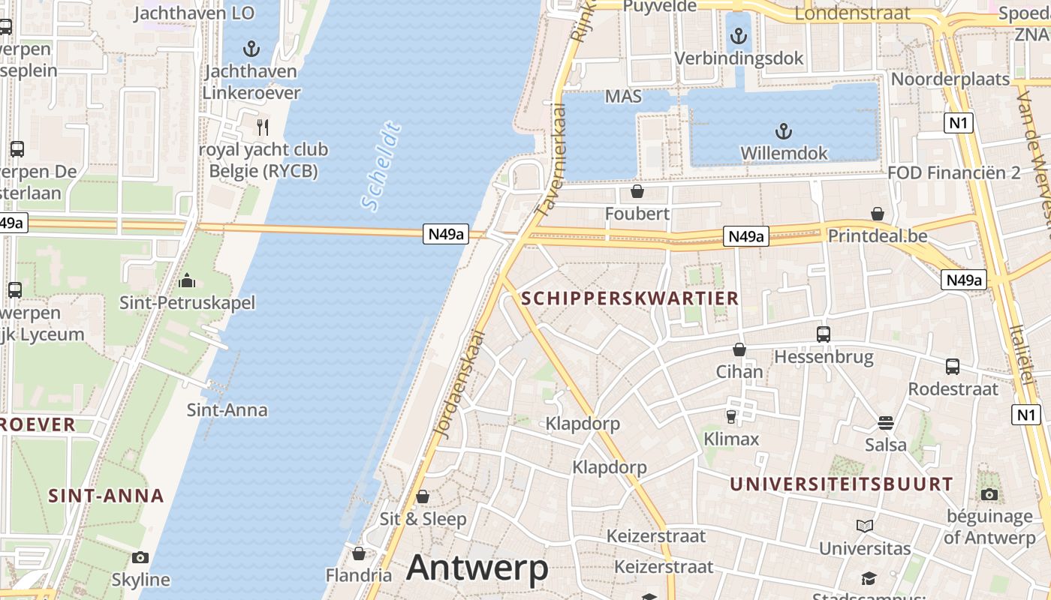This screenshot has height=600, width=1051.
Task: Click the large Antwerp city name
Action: (x=477, y=568)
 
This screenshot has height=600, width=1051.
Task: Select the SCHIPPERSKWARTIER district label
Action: (x=630, y=298)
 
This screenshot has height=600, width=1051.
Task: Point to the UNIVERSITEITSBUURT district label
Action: (x=842, y=484)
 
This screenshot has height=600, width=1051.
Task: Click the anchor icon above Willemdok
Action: (x=783, y=132)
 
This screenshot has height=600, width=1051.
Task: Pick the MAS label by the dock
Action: (x=623, y=96)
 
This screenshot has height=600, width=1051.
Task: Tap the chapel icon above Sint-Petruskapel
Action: (x=187, y=281)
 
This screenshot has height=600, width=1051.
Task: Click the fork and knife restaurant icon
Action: (x=262, y=127)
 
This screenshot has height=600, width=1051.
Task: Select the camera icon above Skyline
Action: (x=140, y=557)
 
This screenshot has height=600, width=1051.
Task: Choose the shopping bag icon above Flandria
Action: (x=359, y=553)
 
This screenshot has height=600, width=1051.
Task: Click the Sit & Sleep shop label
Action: (x=423, y=518)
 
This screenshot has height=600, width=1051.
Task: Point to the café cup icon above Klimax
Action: (x=731, y=416)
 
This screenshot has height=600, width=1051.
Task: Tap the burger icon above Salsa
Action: (x=886, y=423)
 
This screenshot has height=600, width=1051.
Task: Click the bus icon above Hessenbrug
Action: (x=824, y=334)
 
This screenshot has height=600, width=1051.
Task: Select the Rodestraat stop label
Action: (x=953, y=388)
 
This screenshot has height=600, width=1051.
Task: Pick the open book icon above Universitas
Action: (x=865, y=526)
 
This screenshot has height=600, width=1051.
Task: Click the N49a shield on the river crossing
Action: (x=446, y=234)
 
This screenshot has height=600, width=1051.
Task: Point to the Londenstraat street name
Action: (x=852, y=13)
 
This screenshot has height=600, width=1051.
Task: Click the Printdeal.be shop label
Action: (x=878, y=235)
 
